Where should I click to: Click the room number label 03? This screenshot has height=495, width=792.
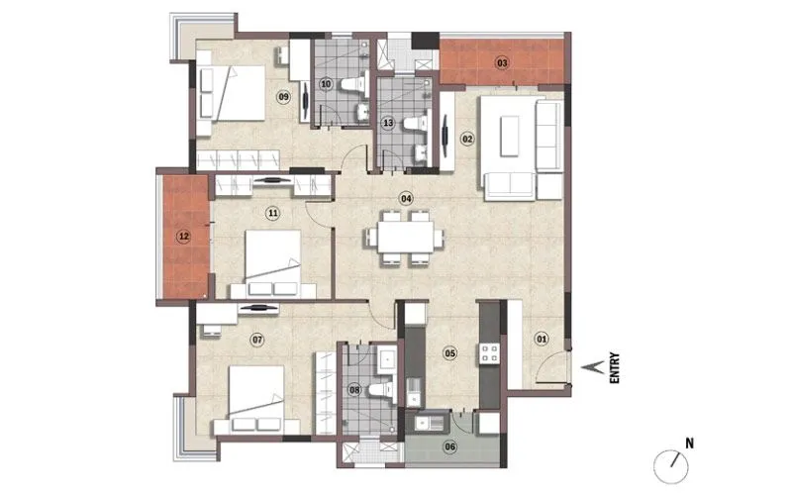[x=502, y=63]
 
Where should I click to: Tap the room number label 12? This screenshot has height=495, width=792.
[x=182, y=237]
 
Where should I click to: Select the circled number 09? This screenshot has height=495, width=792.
[x=283, y=96]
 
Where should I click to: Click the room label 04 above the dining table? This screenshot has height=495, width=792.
[x=405, y=198]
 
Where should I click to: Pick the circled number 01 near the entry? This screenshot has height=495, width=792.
[x=542, y=340]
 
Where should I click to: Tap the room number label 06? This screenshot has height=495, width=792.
[x=449, y=446]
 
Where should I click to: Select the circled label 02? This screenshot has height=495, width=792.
[x=467, y=139]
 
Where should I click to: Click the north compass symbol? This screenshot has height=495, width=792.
[x=673, y=461]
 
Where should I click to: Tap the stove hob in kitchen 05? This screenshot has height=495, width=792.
[x=488, y=351]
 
